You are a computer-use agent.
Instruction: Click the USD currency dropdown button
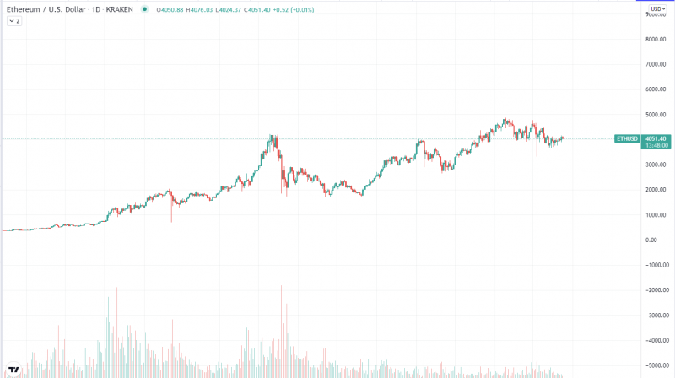[654, 8]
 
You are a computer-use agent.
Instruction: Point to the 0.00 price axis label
[652, 240]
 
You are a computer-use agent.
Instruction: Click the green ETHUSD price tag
[626, 138]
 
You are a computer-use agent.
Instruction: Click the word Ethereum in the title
[24, 8]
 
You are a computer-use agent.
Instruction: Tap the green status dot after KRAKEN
[145, 8]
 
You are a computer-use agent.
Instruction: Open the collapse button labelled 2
[14, 20]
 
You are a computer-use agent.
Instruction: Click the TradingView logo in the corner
[14, 369]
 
